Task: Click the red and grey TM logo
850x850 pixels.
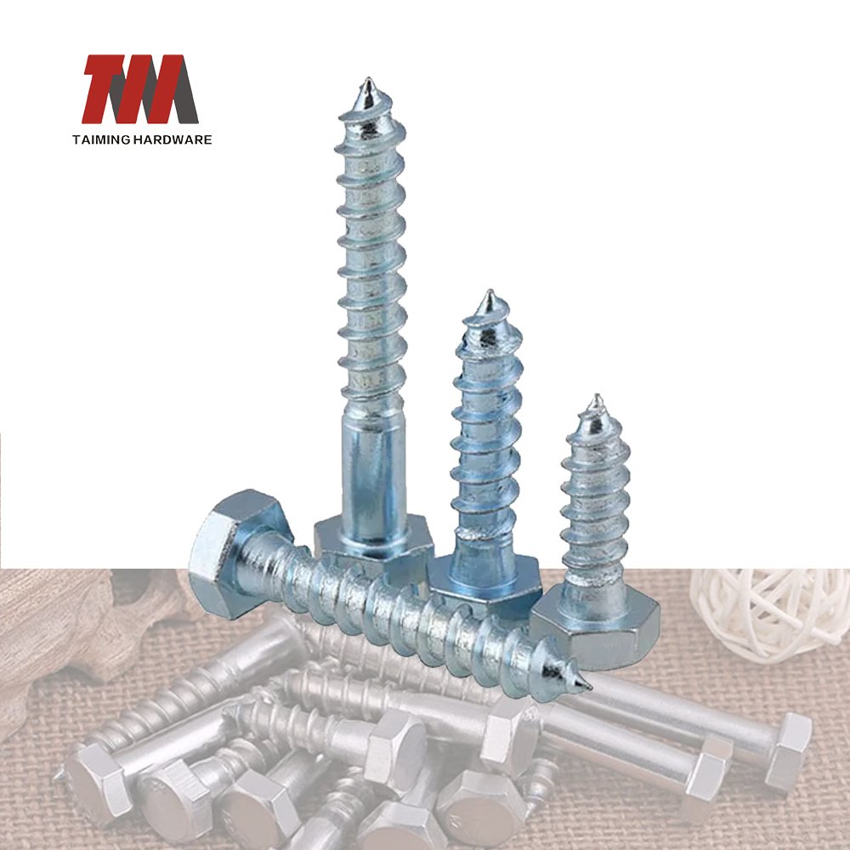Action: (140, 89)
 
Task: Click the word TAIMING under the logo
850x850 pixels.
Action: (101, 140)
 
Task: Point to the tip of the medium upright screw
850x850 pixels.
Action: (490, 292)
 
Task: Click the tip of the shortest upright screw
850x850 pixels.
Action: (598, 396)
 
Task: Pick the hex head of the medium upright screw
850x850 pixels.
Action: (485, 583)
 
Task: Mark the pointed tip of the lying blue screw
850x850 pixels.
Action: (589, 688)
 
